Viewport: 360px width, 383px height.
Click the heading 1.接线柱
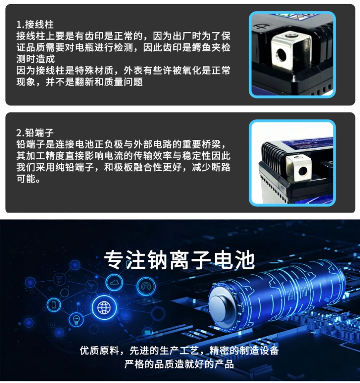point(35,24)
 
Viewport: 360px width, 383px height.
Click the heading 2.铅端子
point(35,133)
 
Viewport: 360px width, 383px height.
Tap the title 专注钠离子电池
point(180,260)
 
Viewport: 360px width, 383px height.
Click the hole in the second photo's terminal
point(303,171)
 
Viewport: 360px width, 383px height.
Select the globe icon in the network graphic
point(104,308)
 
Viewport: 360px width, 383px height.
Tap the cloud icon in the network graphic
point(114,282)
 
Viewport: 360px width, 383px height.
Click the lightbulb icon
point(77,319)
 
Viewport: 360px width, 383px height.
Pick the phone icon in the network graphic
point(54,304)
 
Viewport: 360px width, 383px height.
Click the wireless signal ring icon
point(146,286)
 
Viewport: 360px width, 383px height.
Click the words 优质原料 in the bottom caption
point(99,351)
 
